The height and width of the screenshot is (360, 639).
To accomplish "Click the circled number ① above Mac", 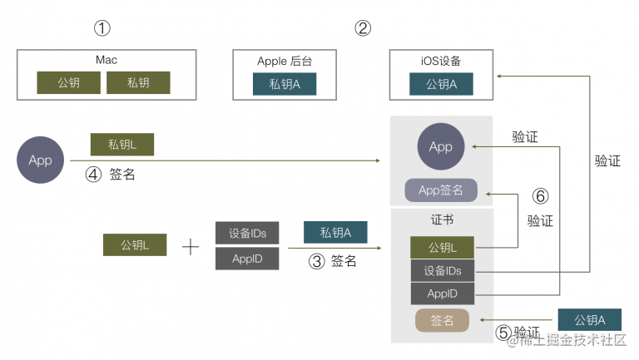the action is [x=102, y=28].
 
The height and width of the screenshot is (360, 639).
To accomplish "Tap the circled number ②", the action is [x=363, y=28].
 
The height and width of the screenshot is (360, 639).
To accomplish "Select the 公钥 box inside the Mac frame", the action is [x=68, y=82].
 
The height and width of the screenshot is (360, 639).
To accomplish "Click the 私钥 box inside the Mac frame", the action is [x=138, y=82].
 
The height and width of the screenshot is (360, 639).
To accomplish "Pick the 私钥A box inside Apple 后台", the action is [x=285, y=84].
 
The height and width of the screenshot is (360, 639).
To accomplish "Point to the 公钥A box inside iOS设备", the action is [x=441, y=84].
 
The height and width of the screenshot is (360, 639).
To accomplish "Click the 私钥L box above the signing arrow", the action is [x=122, y=144].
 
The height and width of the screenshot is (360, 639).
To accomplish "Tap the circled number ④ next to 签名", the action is [x=93, y=175].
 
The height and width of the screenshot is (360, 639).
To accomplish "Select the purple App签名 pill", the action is [x=441, y=190].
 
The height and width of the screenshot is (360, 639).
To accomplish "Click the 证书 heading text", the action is [x=442, y=220].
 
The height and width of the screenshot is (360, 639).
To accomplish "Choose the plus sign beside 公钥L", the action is [x=191, y=247].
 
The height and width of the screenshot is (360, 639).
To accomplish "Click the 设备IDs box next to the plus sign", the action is [x=247, y=233].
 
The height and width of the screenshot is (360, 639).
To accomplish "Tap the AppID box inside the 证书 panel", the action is [x=443, y=293].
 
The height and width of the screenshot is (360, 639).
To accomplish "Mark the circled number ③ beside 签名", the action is [x=317, y=261].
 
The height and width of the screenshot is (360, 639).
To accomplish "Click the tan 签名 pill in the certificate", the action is [x=442, y=320].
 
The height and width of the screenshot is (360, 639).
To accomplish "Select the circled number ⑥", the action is [x=540, y=196].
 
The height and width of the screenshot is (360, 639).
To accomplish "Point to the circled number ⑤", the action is [x=503, y=333].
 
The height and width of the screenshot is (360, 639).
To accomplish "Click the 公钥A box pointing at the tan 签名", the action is [x=590, y=320].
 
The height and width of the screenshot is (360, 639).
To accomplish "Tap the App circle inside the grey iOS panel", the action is [x=441, y=146].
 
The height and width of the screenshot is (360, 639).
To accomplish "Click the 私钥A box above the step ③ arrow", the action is [x=335, y=232].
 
